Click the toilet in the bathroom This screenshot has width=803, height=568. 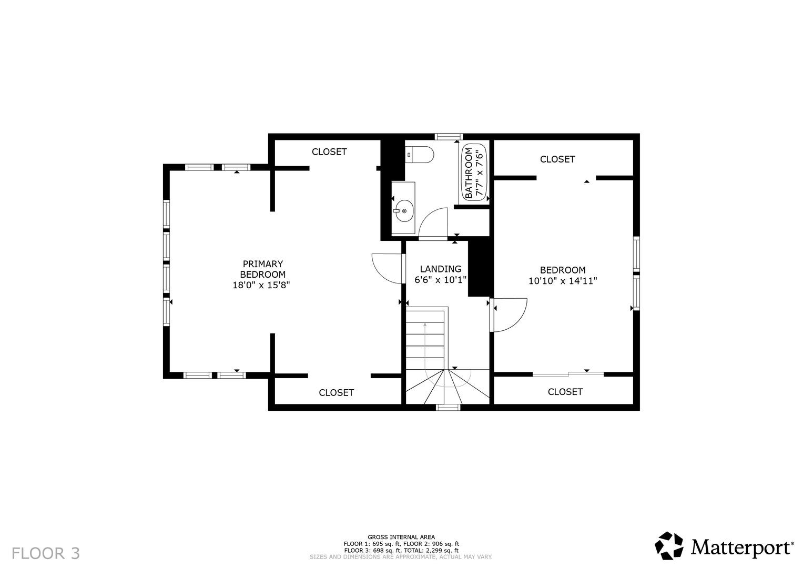[x=420, y=155]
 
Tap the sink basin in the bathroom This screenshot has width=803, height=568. [x=404, y=211]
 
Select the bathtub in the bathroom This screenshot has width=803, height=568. [x=474, y=172]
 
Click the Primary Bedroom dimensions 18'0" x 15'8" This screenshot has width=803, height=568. [x=261, y=285]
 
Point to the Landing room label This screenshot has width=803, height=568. [x=441, y=269]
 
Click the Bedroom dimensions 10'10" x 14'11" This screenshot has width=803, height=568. [x=563, y=281]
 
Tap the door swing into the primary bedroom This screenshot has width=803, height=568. [x=387, y=269]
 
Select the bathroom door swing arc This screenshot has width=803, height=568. [x=433, y=222]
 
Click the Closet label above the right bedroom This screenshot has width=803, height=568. [x=557, y=159]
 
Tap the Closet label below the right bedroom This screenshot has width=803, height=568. [x=565, y=392]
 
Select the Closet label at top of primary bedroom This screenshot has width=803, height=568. [x=329, y=152]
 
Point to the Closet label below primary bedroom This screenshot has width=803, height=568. [x=336, y=393]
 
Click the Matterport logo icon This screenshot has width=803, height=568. [x=669, y=546]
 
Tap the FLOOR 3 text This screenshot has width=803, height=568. [x=46, y=553]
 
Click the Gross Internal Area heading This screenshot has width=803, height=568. [x=401, y=537]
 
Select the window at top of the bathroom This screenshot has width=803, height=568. [x=449, y=137]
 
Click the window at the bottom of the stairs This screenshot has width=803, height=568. [x=448, y=408]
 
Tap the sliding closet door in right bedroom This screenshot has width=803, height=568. [x=568, y=374]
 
